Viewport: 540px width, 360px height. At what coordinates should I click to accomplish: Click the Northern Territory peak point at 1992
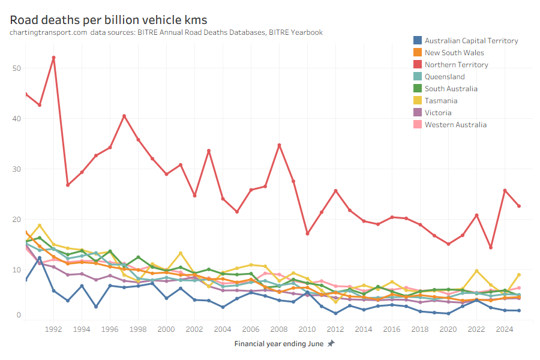click(54, 58)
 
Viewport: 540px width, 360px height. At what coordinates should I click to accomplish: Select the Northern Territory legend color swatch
click(417, 65)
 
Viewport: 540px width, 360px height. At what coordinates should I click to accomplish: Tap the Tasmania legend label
click(442, 101)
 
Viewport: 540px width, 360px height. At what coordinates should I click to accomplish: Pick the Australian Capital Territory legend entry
click(471, 41)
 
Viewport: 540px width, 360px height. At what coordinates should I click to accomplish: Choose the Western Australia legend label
click(455, 125)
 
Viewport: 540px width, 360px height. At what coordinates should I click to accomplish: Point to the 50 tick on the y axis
click(16, 68)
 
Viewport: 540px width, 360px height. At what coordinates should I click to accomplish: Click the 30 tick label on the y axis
click(16, 169)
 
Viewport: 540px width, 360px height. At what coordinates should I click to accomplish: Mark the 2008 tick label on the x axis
click(278, 329)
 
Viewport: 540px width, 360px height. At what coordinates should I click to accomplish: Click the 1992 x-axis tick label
click(54, 329)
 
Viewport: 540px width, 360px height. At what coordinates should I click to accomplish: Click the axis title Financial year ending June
click(279, 344)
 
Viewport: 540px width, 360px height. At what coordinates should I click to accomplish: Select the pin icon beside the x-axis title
click(331, 344)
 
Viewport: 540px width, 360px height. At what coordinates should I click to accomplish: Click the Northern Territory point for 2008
click(279, 145)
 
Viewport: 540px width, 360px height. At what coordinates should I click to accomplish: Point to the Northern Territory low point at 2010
click(307, 233)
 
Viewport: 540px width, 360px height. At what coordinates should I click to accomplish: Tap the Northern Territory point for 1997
click(124, 116)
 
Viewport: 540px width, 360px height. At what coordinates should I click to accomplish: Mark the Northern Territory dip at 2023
click(491, 247)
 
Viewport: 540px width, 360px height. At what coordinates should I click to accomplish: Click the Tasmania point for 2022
click(476, 271)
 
